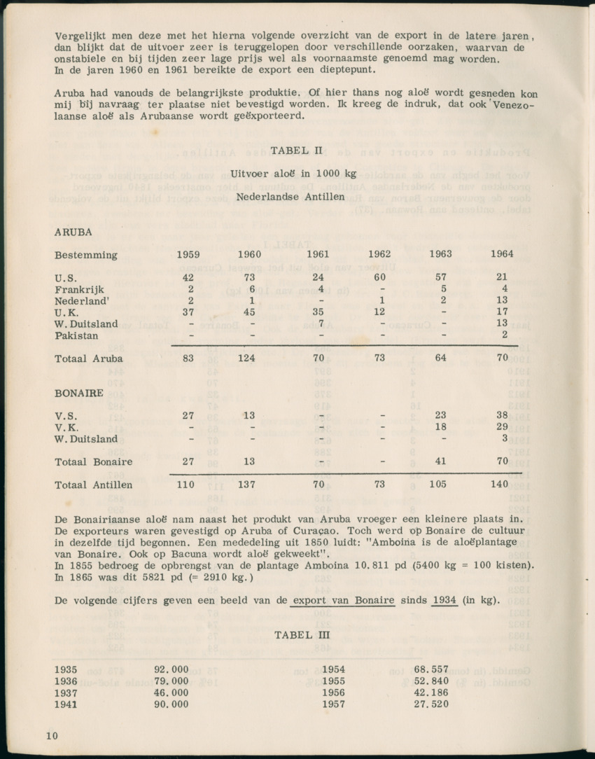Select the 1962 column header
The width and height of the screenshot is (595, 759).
pyautogui.click(x=379, y=254)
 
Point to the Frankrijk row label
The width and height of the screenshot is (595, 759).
pyautogui.click(x=79, y=288)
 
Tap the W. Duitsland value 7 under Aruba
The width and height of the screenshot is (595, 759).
pyautogui.click(x=319, y=324)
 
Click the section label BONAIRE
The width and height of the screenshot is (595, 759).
pyautogui.click(x=79, y=393)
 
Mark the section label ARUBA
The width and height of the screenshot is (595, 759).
pyautogui.click(x=73, y=231)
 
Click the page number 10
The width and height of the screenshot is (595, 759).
pyautogui.click(x=51, y=735)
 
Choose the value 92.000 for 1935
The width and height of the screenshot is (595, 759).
pyautogui.click(x=171, y=669)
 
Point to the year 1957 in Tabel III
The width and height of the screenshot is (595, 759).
pyautogui.click(x=334, y=704)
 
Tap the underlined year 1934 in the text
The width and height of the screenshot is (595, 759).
pyautogui.click(x=445, y=601)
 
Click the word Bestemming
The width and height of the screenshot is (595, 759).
pyautogui.click(x=86, y=254)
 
